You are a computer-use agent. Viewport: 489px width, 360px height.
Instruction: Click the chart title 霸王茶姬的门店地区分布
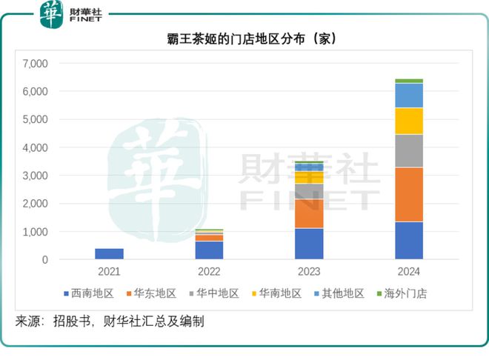[244, 39]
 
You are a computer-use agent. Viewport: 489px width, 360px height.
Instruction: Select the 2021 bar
[109, 253]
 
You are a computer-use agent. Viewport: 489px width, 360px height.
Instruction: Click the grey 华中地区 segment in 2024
[408, 150]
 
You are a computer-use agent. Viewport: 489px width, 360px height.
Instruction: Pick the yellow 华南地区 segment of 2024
[408, 121]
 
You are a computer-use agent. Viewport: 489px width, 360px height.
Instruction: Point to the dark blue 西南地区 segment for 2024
[408, 240]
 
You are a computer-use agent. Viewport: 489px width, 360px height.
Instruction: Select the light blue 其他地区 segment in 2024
[408, 95]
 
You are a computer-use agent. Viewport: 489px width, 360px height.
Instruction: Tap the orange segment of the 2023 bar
[308, 213]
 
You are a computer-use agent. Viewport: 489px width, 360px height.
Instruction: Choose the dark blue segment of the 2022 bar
[209, 250]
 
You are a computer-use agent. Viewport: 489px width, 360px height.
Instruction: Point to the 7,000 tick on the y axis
[35, 64]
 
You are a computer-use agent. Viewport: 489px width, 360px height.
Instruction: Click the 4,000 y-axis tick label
[35, 147]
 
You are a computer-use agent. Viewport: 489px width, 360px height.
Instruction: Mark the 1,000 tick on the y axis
[35, 232]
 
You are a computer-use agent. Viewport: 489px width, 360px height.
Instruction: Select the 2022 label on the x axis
[209, 272]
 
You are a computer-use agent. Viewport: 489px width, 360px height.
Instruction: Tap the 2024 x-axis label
[408, 272]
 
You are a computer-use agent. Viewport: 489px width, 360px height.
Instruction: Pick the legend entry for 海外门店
[404, 293]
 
